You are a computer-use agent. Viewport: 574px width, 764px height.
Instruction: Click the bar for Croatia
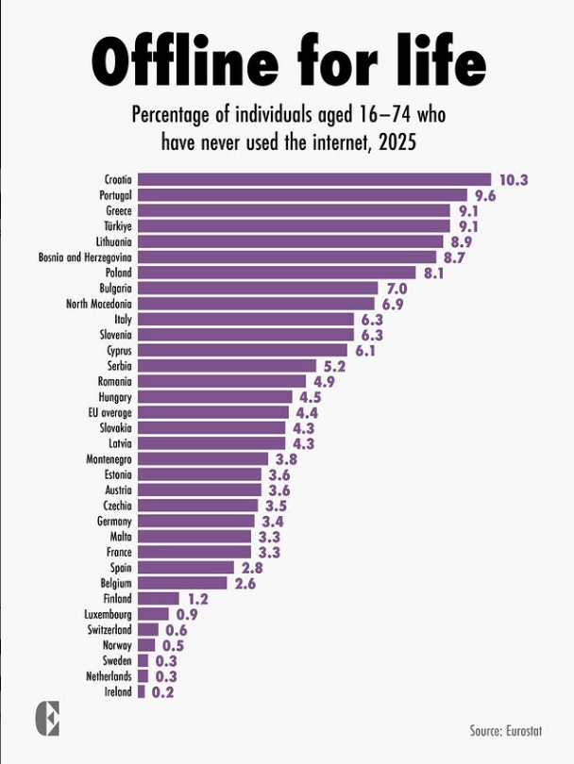click(314, 179)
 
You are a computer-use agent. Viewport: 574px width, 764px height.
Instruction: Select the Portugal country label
click(115, 194)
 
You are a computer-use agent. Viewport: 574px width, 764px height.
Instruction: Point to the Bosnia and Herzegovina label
click(85, 257)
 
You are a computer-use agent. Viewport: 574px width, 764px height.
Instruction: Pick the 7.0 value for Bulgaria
click(396, 288)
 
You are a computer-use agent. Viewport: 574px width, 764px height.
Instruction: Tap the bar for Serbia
click(227, 365)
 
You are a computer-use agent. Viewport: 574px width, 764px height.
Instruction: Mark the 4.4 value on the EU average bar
click(308, 412)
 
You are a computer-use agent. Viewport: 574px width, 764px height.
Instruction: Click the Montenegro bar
click(203, 458)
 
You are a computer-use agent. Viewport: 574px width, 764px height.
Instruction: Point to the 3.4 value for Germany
click(274, 521)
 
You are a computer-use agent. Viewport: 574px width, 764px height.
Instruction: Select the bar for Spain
click(186, 568)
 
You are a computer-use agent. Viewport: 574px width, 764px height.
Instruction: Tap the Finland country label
click(116, 598)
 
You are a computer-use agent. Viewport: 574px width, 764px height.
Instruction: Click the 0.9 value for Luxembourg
click(187, 614)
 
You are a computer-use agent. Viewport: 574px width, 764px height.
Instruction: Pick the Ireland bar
click(142, 691)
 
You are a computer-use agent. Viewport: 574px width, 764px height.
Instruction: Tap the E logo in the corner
click(46, 719)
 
